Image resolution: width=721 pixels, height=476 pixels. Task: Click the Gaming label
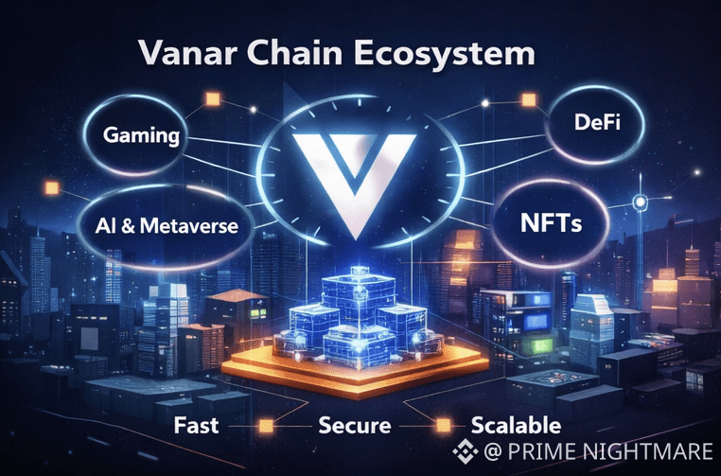tap(142, 135)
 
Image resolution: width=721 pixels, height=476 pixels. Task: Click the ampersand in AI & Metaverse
tap(124, 226)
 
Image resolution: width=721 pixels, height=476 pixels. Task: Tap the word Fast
tap(198, 425)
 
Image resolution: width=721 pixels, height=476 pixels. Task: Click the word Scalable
tap(516, 425)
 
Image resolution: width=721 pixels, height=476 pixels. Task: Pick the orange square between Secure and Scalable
tap(437, 425)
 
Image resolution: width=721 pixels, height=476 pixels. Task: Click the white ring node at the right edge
tap(641, 201)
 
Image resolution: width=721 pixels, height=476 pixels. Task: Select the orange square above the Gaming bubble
tap(211, 98)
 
